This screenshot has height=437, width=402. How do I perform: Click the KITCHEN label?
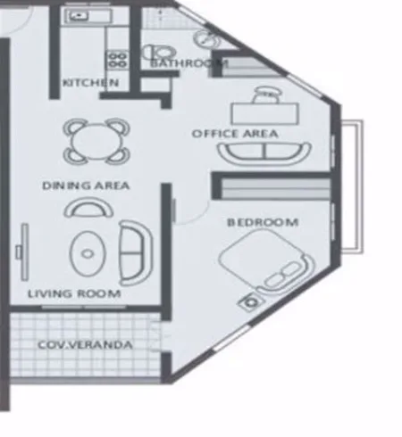coord(89,83)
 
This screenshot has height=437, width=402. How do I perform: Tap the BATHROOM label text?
coord(188,63)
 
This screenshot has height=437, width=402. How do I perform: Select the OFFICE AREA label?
coord(235,134)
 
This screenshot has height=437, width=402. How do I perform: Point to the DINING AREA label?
coord(86,186)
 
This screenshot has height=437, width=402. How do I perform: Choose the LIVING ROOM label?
coord(74,293)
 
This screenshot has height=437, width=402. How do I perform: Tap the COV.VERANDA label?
coord(85,344)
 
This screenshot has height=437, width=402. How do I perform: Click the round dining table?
coord(94,141)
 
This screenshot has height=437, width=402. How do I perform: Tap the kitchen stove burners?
coord(117,59)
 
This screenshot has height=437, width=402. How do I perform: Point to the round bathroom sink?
coord(206,38)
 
